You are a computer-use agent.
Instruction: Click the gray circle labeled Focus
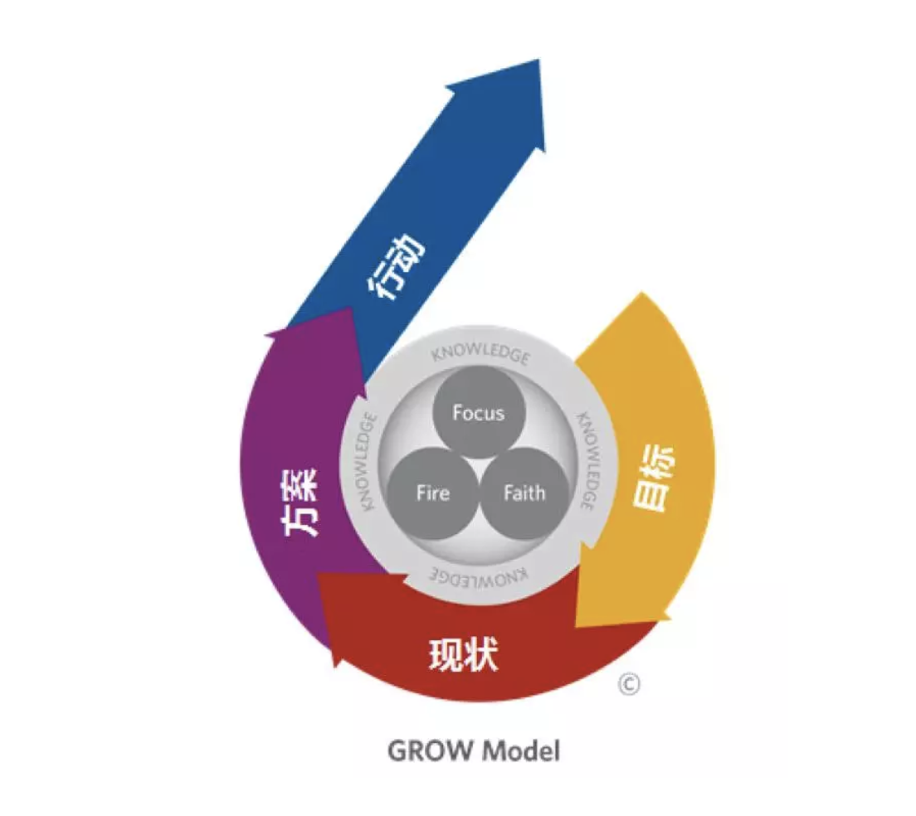478,412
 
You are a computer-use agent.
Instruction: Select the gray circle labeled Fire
433,493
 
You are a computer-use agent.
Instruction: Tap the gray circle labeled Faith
524,493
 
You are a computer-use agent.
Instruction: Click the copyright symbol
630,684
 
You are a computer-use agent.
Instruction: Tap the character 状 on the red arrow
481,655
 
